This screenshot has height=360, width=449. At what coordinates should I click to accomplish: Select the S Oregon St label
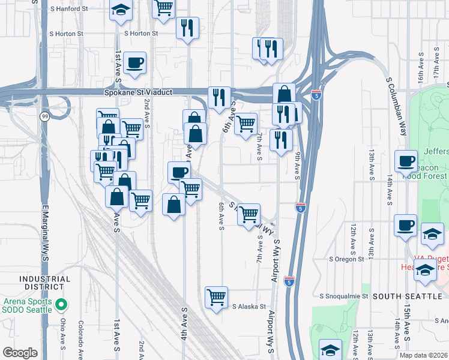point(346,259)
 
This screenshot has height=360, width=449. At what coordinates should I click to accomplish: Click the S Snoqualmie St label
point(343,296)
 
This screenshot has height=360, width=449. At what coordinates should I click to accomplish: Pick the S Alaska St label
point(249,307)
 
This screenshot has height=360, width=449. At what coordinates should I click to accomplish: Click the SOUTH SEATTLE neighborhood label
point(407,296)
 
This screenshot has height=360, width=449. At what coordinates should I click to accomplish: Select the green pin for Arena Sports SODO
point(61,306)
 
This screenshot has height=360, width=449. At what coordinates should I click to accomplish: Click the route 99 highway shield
point(44,117)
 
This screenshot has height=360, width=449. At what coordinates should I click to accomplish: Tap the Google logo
point(20,352)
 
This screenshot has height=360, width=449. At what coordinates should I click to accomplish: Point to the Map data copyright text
point(424,355)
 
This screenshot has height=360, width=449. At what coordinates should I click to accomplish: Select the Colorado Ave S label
point(80,338)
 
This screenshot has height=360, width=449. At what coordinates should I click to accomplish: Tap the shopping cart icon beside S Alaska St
point(215,296)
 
